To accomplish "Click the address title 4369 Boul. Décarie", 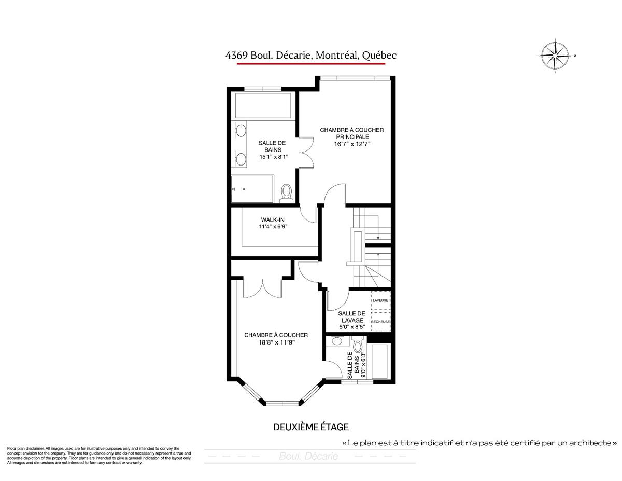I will tap(311, 55).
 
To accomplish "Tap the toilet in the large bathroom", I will tap(286, 193).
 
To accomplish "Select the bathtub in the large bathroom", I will tap(263, 106).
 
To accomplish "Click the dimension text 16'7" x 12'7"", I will tap(352, 144).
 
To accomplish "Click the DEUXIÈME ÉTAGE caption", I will tap(310, 427).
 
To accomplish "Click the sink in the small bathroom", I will tap(337, 340).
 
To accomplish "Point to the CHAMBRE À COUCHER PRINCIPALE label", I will tap(352, 133).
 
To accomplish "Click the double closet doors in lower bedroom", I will tap(263, 285).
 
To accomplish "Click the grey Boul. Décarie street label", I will tap(308, 457).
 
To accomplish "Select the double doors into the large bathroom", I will tap(306, 152).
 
